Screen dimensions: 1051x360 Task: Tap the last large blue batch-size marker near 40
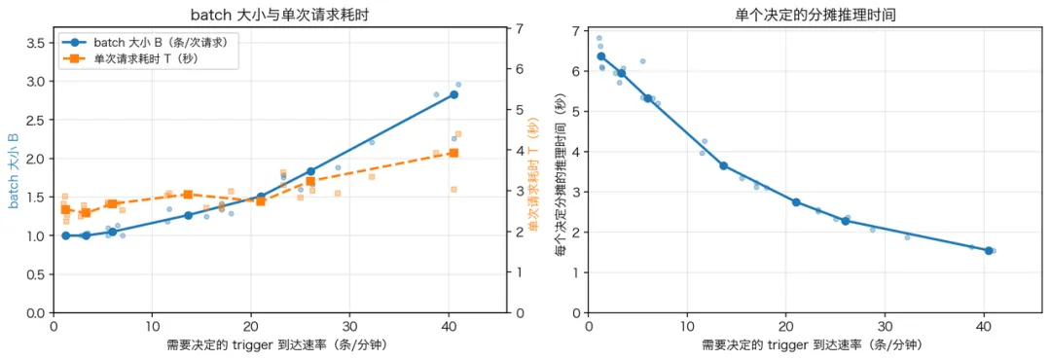[453, 94]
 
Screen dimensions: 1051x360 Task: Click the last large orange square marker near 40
[453, 153]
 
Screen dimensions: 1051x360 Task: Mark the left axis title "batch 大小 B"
[13, 170]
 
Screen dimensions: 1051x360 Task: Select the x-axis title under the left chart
[279, 346]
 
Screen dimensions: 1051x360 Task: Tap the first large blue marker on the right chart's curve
[601, 56]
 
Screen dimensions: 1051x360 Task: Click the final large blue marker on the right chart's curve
[989, 251]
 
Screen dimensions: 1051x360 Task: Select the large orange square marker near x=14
[189, 195]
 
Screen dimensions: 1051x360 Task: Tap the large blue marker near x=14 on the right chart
[723, 165]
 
